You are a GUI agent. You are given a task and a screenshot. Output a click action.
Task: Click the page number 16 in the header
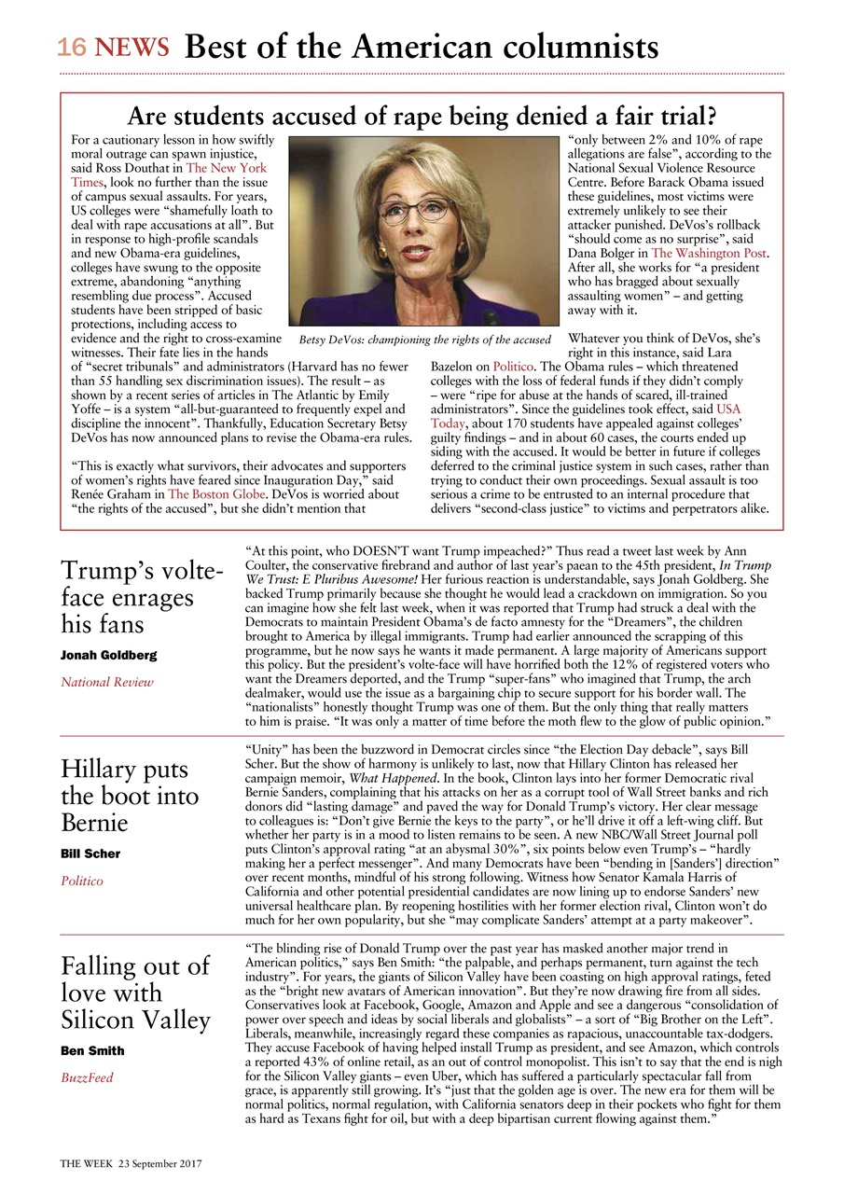tap(74, 48)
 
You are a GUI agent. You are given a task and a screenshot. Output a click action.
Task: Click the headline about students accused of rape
tap(422, 117)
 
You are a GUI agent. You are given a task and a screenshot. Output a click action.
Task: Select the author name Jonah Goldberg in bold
tap(108, 656)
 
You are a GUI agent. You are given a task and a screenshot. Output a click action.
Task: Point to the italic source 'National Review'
tap(107, 683)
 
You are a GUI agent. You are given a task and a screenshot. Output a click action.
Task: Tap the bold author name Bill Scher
tap(90, 854)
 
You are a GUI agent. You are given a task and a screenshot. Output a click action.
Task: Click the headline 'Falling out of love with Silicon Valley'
tap(135, 993)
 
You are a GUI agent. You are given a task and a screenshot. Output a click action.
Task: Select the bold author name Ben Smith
tap(92, 1051)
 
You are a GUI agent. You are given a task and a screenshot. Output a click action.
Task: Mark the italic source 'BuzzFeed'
tap(87, 1078)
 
